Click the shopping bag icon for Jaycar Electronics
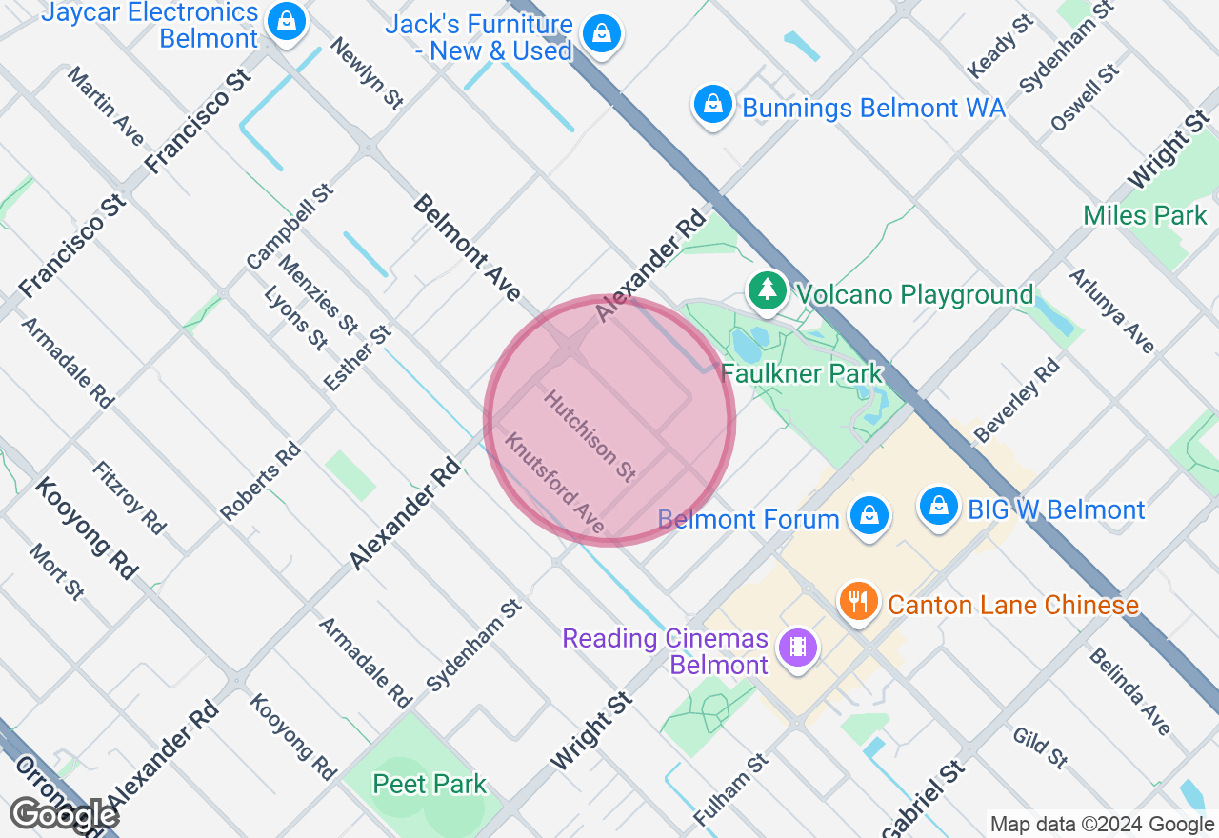[x=287, y=20]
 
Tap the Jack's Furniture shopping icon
[x=601, y=33]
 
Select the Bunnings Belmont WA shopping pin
[x=712, y=104]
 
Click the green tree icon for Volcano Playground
[x=767, y=289]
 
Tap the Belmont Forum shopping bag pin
[x=869, y=515]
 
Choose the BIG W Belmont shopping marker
[x=939, y=505]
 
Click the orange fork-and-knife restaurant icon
[x=859, y=601]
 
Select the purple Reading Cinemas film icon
[x=798, y=648]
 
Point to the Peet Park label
[x=430, y=785]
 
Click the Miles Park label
[x=1145, y=215]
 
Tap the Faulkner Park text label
[x=802, y=373]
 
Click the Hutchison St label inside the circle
[x=590, y=435]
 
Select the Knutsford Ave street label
[x=554, y=483]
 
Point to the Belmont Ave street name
[x=468, y=248]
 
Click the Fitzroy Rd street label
[x=129, y=497]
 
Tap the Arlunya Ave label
[x=1111, y=310]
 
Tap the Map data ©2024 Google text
[x=1102, y=825]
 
